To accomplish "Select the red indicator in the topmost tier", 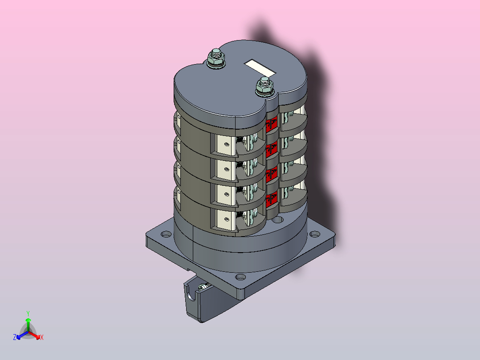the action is (272, 124).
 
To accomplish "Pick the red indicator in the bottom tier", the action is (272, 200).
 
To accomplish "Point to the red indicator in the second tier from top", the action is (272, 150).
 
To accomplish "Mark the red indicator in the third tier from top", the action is (272, 175).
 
